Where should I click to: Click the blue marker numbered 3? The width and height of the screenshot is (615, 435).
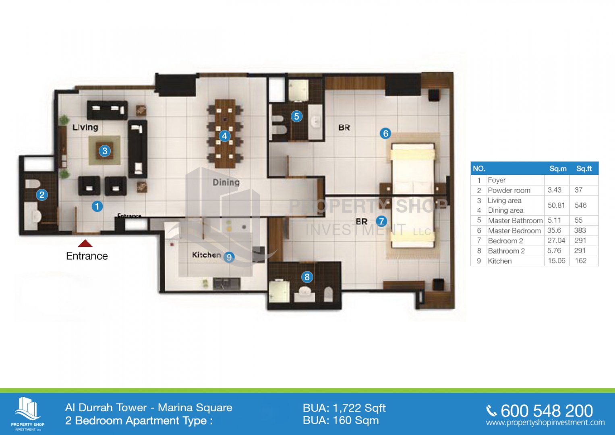tap(105, 151)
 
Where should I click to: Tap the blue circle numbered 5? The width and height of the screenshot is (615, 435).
tap(296, 116)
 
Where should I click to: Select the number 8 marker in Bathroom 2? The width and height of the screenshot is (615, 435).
tap(307, 277)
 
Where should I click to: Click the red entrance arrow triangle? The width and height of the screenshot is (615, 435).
tap(85, 243)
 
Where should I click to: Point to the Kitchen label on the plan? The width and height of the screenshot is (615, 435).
tap(207, 255)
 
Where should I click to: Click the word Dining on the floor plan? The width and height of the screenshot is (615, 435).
tap(226, 182)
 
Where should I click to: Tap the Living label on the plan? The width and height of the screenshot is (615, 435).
tap(85, 127)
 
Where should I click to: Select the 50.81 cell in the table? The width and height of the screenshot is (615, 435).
tap(556, 205)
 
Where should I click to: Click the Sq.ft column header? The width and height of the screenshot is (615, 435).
tap(584, 169)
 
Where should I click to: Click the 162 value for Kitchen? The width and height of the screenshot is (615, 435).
tap(581, 261)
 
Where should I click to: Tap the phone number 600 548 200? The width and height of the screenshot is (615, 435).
tap(547, 411)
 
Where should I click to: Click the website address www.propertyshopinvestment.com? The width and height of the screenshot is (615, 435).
tap(545, 423)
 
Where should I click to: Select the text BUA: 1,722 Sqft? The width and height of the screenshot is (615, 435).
tap(344, 408)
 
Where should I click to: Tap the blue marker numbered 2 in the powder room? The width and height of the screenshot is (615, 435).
tap(42, 195)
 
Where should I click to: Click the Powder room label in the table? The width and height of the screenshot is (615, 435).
tap(509, 190)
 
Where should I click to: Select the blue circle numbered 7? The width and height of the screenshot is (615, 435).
tap(381, 221)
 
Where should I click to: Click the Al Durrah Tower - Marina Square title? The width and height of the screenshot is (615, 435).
tap(149, 408)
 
